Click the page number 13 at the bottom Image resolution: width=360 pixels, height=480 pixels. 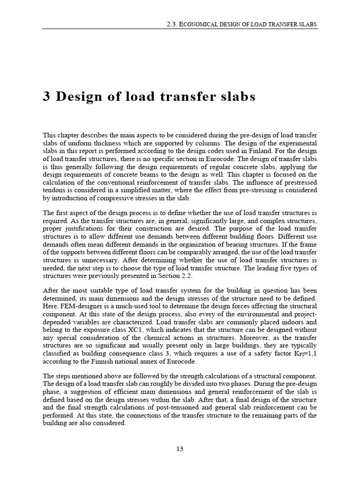click(180, 449)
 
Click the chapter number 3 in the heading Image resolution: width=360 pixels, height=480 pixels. click(46, 97)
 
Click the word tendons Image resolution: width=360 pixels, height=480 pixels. click(54, 190)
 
